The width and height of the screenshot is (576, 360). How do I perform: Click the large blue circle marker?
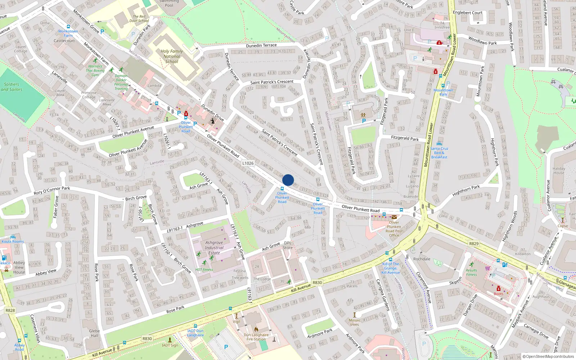tap(288, 180)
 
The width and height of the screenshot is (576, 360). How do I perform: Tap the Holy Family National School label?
tap(172, 57)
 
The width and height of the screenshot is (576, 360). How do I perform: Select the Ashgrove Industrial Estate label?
tap(214, 248)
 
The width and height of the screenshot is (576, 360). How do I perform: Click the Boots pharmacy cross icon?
tap(499, 289)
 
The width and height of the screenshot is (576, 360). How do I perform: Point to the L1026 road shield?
tap(248, 163)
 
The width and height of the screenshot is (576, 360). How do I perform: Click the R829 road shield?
tap(474, 244)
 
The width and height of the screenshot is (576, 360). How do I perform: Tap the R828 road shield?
tap(10, 310)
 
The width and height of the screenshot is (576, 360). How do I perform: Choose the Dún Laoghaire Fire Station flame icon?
tap(256, 329)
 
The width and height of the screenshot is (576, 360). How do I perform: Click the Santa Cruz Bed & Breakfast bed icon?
tap(439, 144)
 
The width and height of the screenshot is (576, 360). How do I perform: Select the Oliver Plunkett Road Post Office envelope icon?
tap(394, 217)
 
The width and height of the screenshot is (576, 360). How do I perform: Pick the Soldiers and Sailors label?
tap(12, 87)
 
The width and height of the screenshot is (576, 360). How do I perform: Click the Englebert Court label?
tap(468, 13)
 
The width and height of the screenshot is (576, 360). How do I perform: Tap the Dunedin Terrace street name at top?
tap(261, 45)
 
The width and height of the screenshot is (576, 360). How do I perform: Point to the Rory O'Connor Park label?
tap(52, 190)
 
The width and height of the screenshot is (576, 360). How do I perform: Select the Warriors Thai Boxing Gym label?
tap(95, 71)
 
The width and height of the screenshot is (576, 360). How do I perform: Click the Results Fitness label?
tap(471, 273)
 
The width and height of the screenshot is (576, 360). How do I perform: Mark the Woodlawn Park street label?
tap(482, 41)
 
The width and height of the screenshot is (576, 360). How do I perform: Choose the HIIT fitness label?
tap(204, 270)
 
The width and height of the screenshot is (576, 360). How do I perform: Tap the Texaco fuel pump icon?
tap(4, 258)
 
